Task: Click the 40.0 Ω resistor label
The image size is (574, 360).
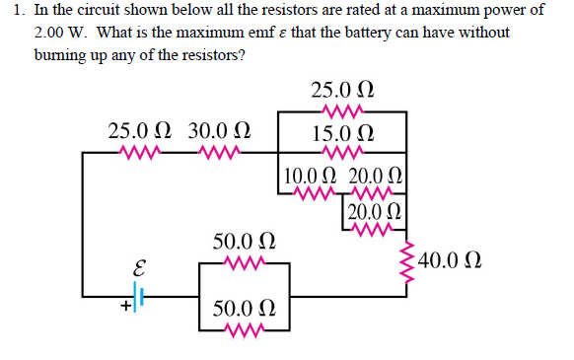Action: pos(450,261)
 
